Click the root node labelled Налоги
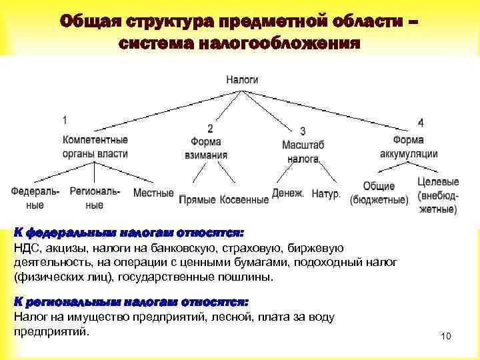click(x=242, y=79)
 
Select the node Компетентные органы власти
click(x=95, y=147)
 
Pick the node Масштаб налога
click(x=303, y=151)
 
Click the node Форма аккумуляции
click(x=409, y=147)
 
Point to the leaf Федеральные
click(x=35, y=198)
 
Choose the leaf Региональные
click(x=95, y=198)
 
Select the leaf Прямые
click(x=199, y=199)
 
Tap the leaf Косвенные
click(x=243, y=199)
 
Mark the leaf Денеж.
click(x=288, y=193)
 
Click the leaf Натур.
click(x=326, y=194)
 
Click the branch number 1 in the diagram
click(x=64, y=121)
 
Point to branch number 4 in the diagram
click(x=420, y=123)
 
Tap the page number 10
click(x=446, y=337)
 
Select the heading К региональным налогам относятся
click(x=131, y=302)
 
